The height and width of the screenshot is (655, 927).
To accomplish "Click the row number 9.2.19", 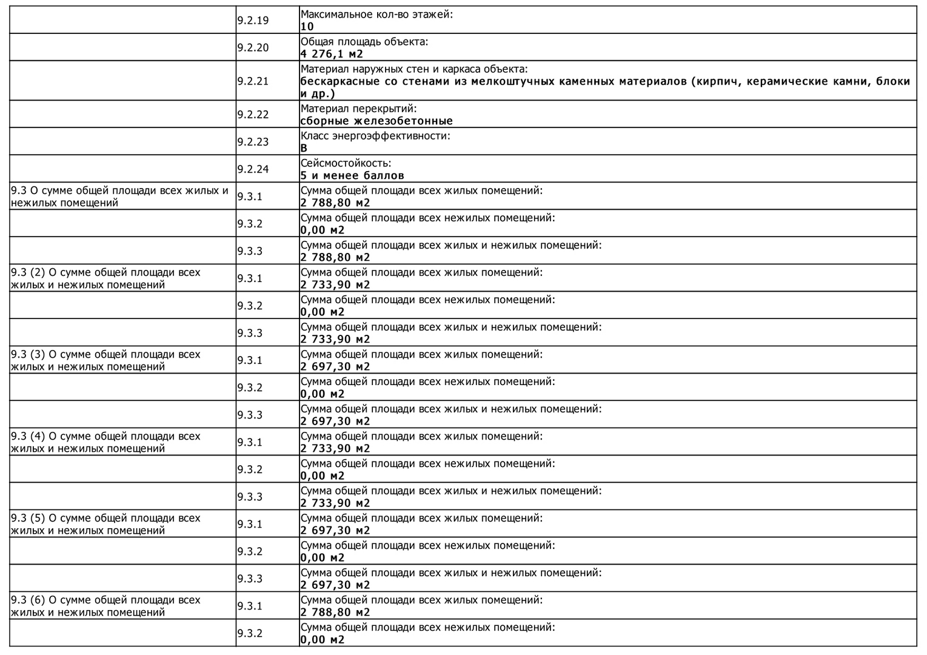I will pos(253,21).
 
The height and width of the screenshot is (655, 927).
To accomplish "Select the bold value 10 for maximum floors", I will pos(307,27).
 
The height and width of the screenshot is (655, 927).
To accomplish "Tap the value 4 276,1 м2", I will pos(332,54).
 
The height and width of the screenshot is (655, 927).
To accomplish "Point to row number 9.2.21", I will pos(253,81).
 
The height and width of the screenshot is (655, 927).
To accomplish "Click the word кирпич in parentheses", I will pos(717,81).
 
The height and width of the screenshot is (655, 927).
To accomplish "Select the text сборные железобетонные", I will pos(376,121).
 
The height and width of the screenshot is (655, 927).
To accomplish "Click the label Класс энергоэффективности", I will pos(375,136).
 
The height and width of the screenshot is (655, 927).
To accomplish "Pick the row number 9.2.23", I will pos(253,142).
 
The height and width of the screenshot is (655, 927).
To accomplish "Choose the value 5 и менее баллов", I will pos(352,175).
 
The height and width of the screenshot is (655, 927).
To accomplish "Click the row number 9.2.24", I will pos(253,169).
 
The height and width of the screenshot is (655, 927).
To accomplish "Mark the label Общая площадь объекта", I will pos(364,42).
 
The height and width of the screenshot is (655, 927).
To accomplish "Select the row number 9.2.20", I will pos(253,48).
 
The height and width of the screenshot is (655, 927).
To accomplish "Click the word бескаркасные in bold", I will pos(340,81).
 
